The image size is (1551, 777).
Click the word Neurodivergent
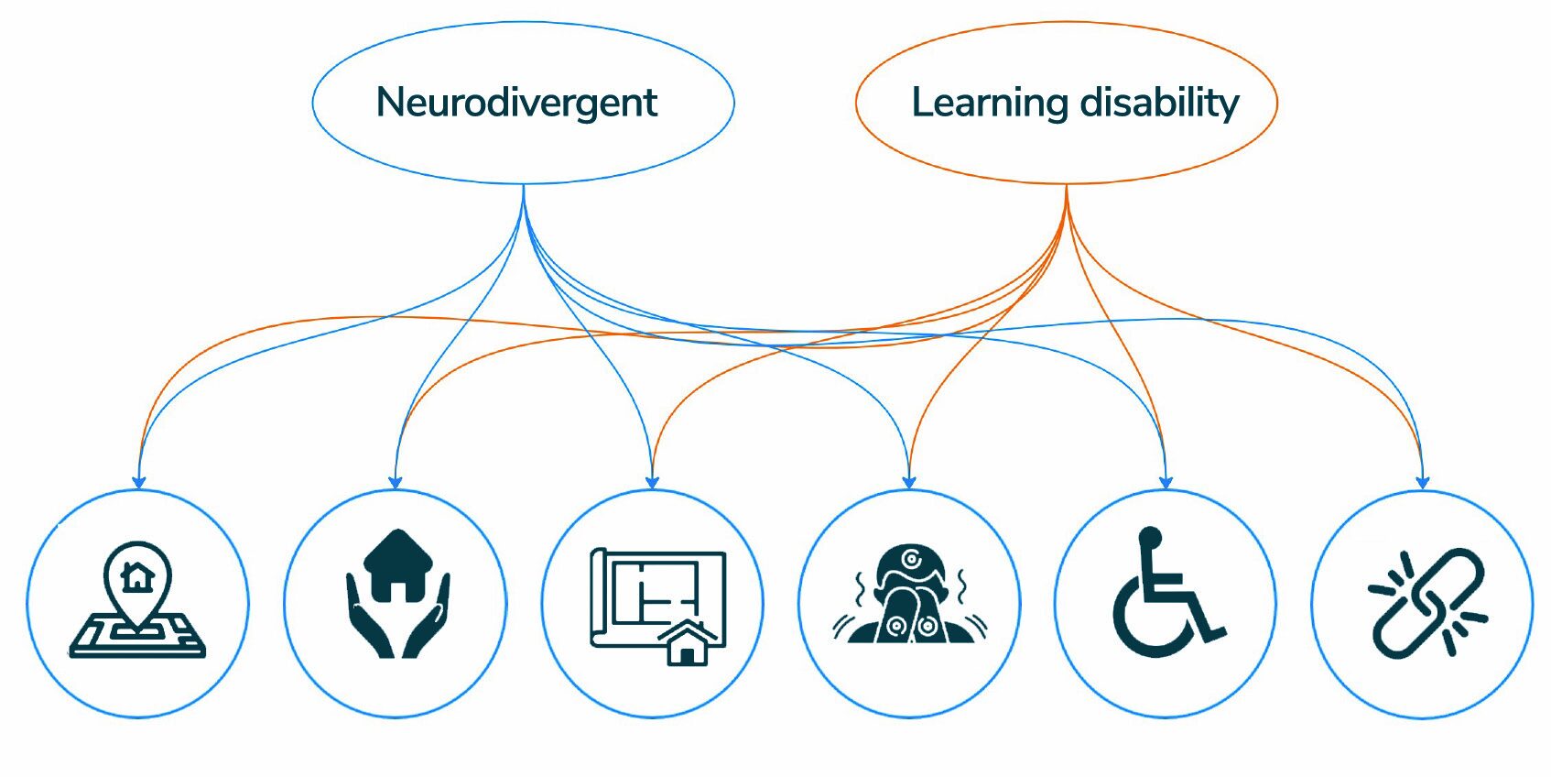tap(516, 103)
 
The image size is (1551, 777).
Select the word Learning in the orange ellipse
tap(989, 103)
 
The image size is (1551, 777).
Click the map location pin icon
tap(137, 601)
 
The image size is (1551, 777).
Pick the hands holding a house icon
tap(396, 594)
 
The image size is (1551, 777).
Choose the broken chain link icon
tap(1425, 603)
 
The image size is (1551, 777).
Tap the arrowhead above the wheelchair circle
tap(1166, 481)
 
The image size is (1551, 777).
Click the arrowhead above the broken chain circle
tap(1423, 481)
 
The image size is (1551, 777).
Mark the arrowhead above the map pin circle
tap(139, 481)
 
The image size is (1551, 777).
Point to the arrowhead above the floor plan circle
tap(653, 481)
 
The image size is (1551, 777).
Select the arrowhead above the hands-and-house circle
tap(396, 481)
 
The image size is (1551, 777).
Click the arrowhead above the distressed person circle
tap(909, 481)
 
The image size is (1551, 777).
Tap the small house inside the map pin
tap(137, 576)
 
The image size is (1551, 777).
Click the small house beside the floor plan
tap(688, 642)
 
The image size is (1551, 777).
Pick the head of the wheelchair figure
tap(1150, 537)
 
